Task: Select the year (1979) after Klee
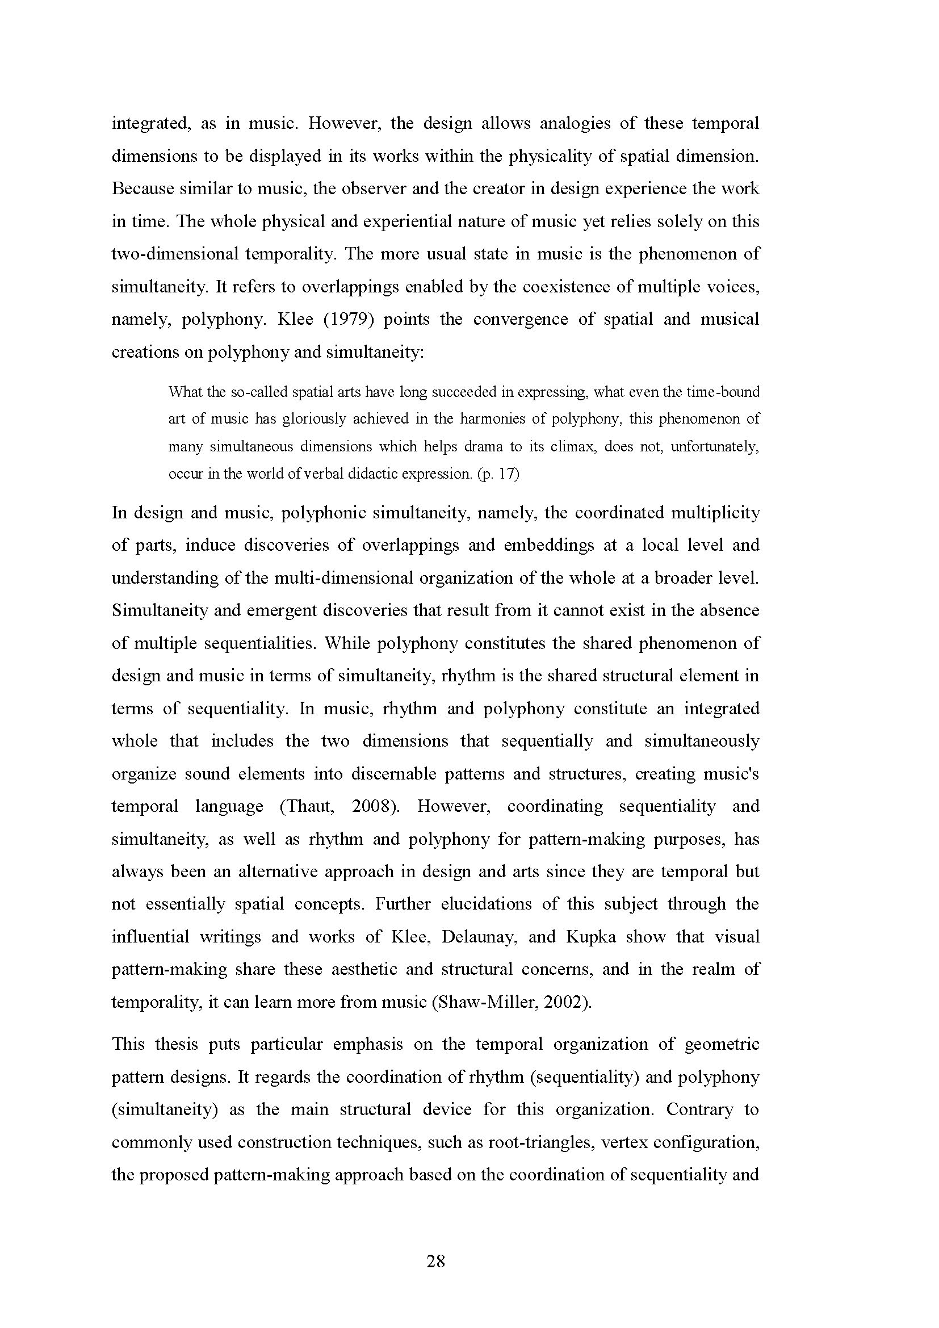[x=346, y=319]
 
